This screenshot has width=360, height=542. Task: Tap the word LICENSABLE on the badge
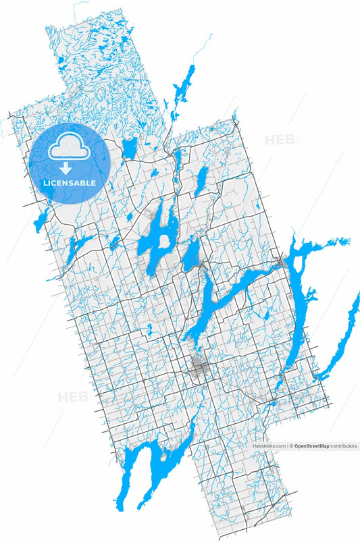[70, 183]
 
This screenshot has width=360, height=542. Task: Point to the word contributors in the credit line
[344, 446]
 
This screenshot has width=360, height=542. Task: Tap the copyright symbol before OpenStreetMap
[292, 446]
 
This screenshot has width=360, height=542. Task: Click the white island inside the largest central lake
[163, 241]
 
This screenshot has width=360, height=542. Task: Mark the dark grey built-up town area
[199, 368]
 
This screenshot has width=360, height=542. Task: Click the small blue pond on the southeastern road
[273, 403]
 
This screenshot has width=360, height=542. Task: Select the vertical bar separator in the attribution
[288, 446]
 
